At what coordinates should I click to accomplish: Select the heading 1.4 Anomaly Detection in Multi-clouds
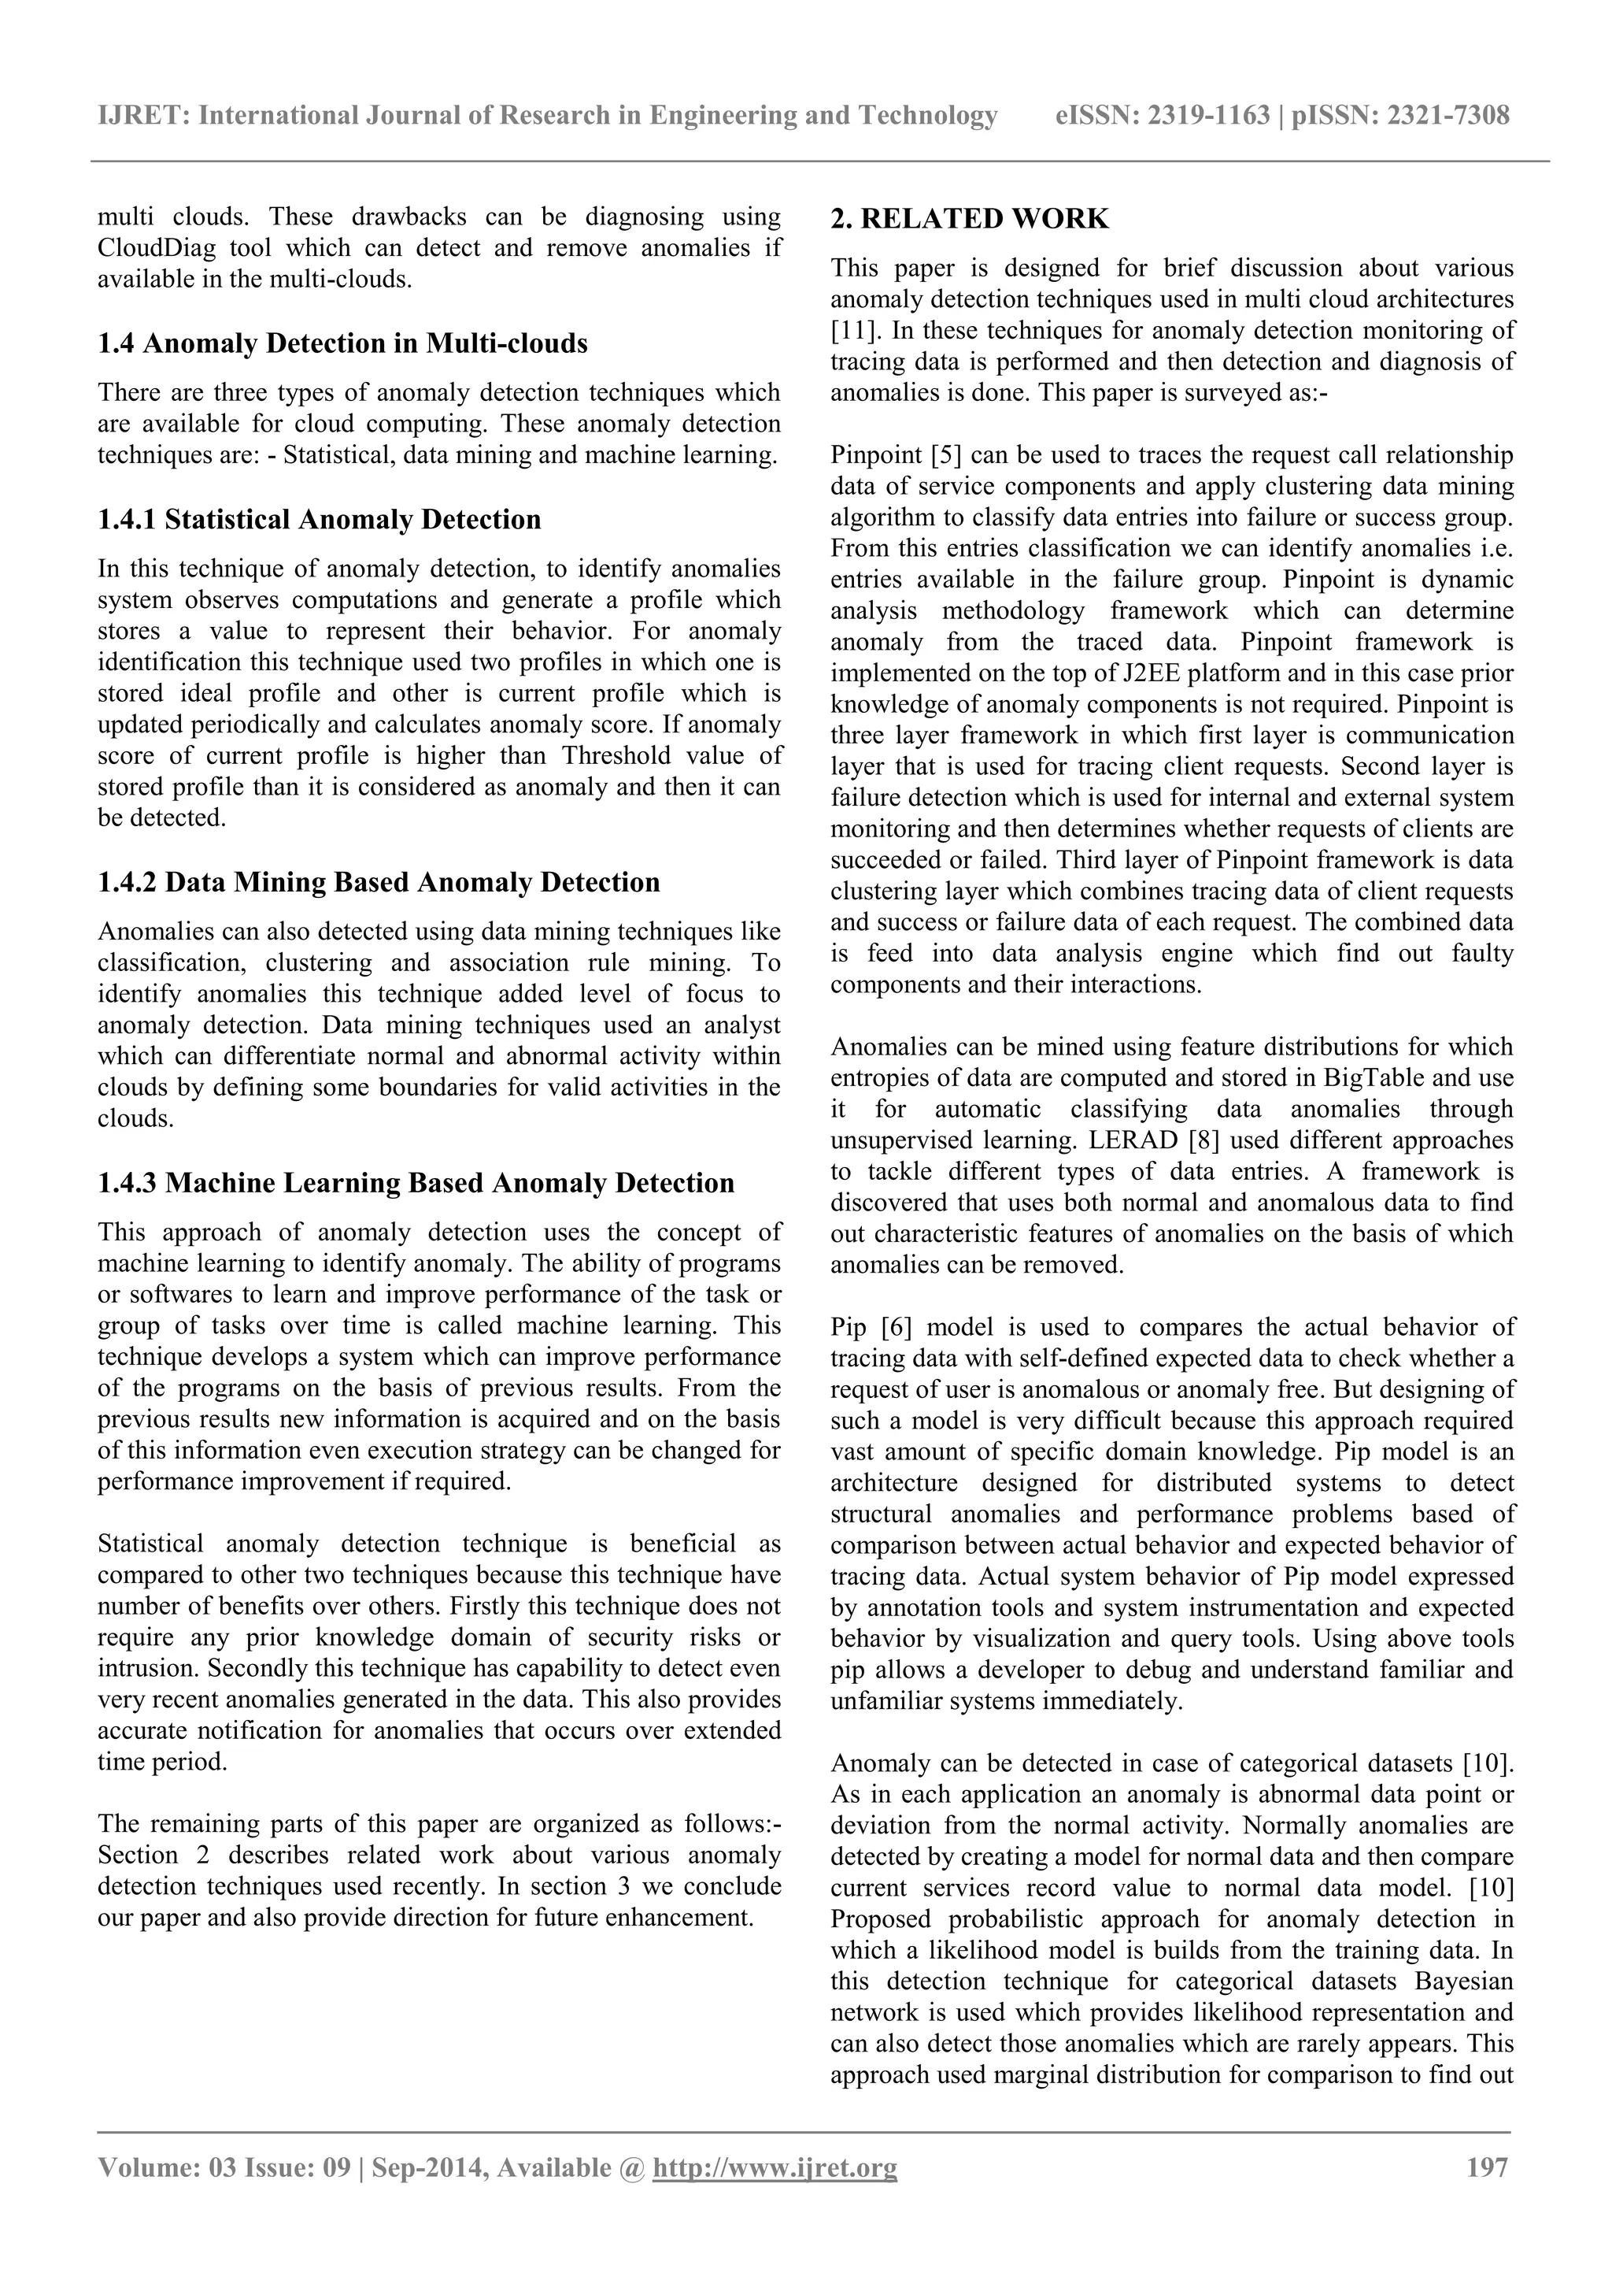342,343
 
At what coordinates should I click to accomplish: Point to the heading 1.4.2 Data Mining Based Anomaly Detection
378,882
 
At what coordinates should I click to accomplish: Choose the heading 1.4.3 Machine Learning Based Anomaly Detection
415,1183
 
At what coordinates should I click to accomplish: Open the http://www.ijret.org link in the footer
773,2168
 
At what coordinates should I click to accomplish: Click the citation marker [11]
849,331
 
